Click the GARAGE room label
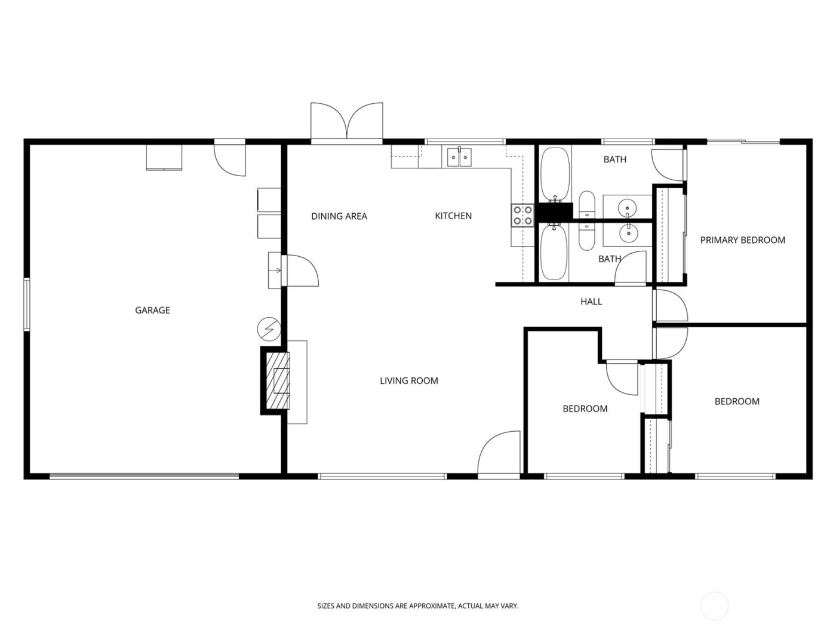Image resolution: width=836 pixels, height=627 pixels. pos(152,310)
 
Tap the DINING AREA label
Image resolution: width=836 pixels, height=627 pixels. pos(339,216)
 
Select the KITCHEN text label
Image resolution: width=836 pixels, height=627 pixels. pos(453,216)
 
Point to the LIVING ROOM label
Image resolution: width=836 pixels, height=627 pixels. pos(409,380)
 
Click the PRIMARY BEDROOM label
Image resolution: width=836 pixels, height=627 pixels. pos(742,240)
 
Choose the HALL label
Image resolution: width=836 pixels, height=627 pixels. pos(591,302)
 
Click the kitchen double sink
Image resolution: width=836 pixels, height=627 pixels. pos(459,157)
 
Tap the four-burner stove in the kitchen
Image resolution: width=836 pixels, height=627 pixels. pos(522,216)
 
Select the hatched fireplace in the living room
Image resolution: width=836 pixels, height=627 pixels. pos(279,381)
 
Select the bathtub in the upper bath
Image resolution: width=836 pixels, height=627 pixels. pos(555,174)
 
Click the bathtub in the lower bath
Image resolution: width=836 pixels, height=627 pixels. pos(554,251)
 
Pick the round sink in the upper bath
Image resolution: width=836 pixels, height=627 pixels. pos(628,207)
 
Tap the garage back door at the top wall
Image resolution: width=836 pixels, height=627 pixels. pos(230,159)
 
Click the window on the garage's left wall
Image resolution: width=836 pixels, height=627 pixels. pos(26,304)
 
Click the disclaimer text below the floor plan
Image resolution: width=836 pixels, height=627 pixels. pos(418,606)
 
